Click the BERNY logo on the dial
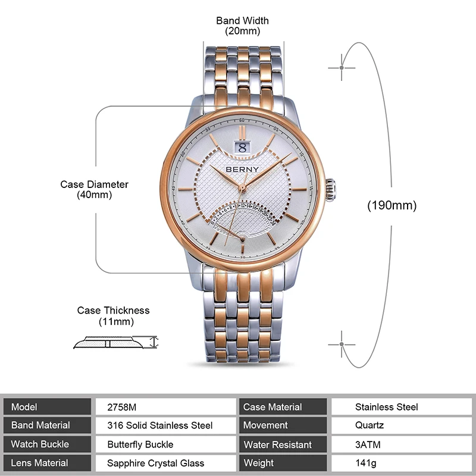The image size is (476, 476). pos(242,169)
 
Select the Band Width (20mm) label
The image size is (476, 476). pos(242,26)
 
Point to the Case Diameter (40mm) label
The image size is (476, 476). pos(94,189)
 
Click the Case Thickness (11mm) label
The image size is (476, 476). pos(113,316)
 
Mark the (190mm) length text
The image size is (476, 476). pos(392,206)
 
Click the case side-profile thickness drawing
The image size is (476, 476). pos(115,342)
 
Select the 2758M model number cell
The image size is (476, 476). pos(121,407)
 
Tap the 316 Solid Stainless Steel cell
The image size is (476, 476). pos(159,425)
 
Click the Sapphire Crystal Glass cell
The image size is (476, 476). pos(155,463)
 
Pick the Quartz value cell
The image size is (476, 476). pos(369,425)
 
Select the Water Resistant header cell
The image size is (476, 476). pos(277,444)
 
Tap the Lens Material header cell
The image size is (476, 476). pos(40,463)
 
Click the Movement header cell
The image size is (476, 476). pos(265,425)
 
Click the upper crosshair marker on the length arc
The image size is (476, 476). pos(342,67)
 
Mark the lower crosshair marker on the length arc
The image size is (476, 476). pos(342,344)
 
